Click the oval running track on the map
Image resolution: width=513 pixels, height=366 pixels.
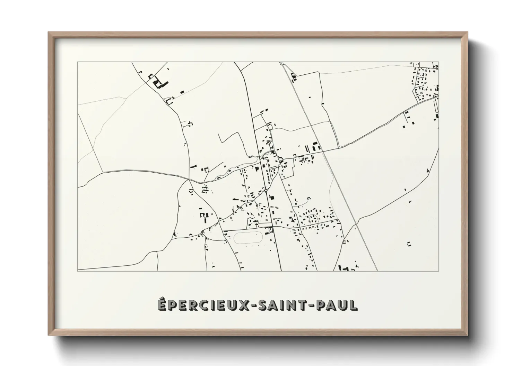tap(249, 238)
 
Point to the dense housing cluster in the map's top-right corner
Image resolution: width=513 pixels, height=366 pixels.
tap(425, 85)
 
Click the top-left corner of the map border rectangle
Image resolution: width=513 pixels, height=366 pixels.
tap(78, 62)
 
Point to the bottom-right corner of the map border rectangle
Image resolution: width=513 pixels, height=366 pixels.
tap(439, 271)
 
